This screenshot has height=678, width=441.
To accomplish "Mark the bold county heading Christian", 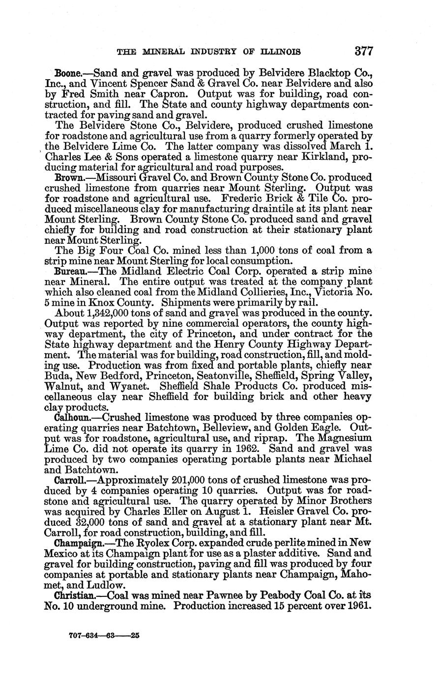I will pyautogui.click(x=77, y=594).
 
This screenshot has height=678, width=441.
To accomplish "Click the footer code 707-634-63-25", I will pyautogui.click(x=105, y=635).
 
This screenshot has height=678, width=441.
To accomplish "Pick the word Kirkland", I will pyautogui.click(x=307, y=157).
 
